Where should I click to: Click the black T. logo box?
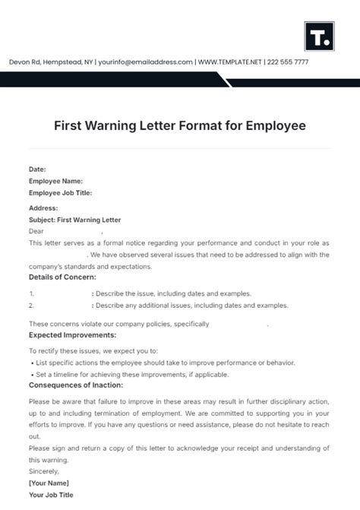pyautogui.click(x=317, y=36)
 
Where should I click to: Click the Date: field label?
pyautogui.click(x=37, y=169)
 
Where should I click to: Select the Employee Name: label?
pyautogui.click(x=55, y=181)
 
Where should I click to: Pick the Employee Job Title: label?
pyautogui.click(x=60, y=193)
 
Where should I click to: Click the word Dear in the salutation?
pyautogui.click(x=36, y=230)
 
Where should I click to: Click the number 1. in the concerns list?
pyautogui.click(x=32, y=293)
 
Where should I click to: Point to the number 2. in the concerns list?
pyautogui.click(x=32, y=305)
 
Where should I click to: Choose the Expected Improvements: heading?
pyautogui.click(x=72, y=334)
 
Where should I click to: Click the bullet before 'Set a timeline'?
pyautogui.click(x=31, y=375)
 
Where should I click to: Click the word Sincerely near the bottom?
pyautogui.click(x=45, y=472)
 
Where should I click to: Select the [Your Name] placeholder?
pyautogui.click(x=49, y=483)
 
